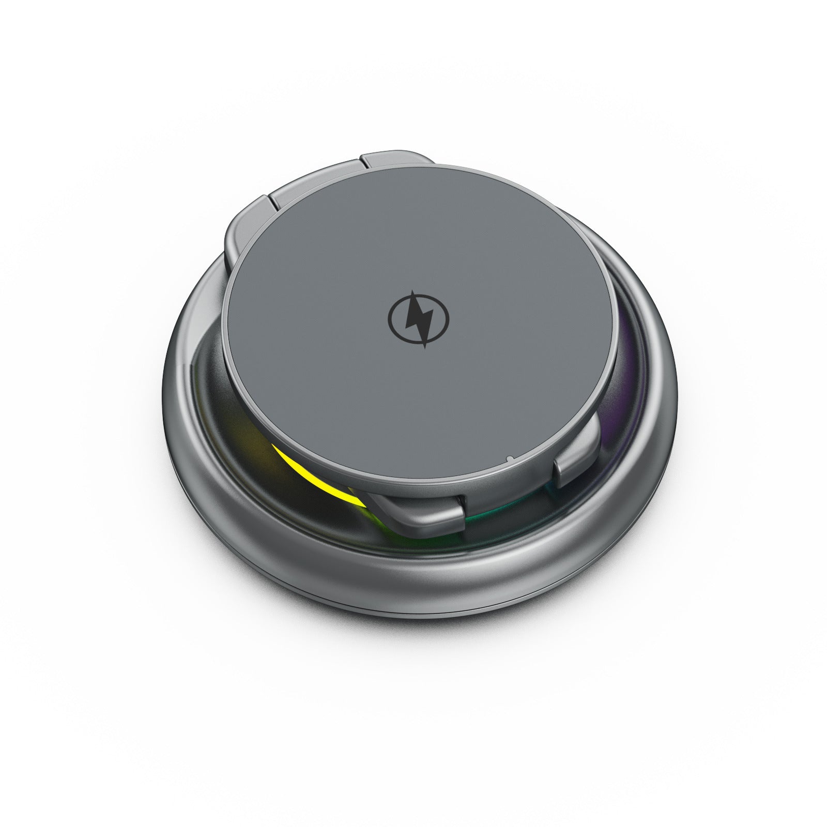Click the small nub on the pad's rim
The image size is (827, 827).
point(510,458)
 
